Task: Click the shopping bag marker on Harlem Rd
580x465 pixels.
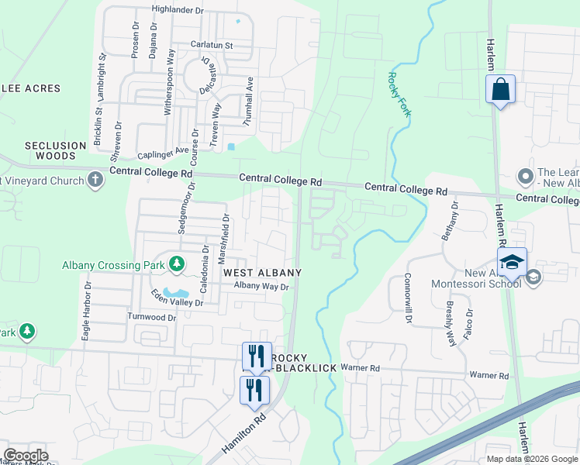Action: click(x=501, y=88)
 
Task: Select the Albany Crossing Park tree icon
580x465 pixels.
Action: click(x=177, y=264)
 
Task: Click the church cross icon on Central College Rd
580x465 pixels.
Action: click(x=95, y=181)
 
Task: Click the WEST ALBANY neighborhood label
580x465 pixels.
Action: click(x=262, y=273)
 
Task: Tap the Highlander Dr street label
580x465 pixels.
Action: click(x=178, y=10)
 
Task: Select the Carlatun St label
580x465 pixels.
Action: click(x=212, y=46)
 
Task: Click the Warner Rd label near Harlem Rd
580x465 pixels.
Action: click(x=489, y=376)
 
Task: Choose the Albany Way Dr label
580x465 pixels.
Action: click(x=261, y=286)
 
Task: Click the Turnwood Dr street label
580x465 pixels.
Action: click(x=151, y=318)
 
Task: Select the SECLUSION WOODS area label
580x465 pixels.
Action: click(x=55, y=150)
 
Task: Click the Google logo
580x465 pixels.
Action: click(x=26, y=456)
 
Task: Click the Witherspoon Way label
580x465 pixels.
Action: click(x=167, y=82)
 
